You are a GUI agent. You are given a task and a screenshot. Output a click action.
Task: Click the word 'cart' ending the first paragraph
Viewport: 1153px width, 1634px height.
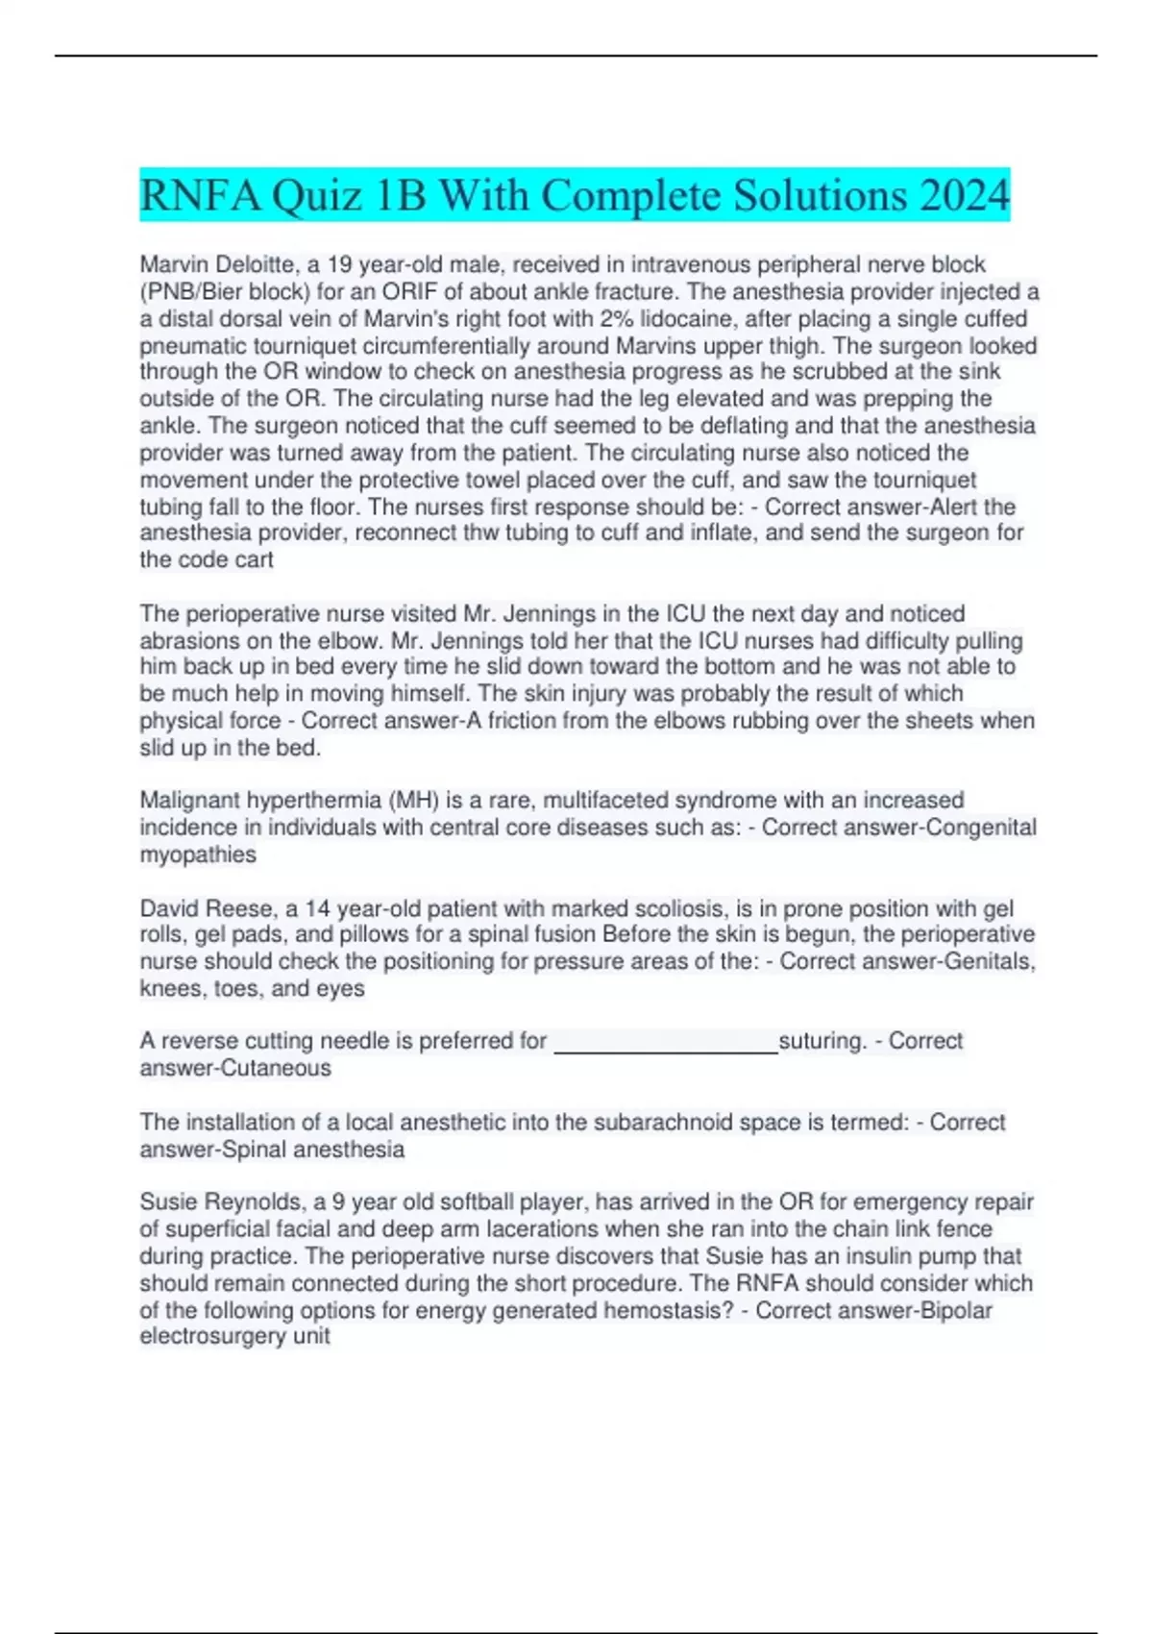pos(253,559)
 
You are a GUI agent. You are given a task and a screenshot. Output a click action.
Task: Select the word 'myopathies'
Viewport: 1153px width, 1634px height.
pos(198,854)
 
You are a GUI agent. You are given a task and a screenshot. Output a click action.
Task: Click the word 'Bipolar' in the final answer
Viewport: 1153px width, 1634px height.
pos(956,1309)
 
